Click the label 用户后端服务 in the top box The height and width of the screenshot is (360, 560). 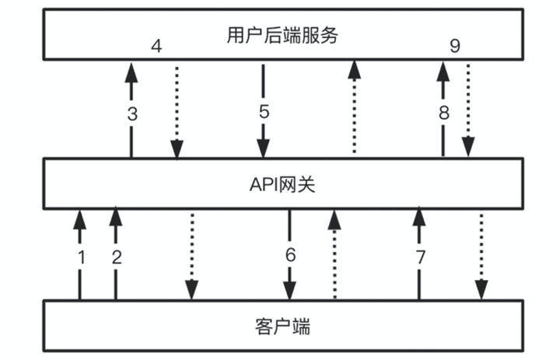(282, 35)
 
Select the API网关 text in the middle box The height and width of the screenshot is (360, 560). (282, 184)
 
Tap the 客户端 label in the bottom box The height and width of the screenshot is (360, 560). (282, 326)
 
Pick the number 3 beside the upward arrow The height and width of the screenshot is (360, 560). (132, 113)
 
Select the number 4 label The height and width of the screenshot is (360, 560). (156, 47)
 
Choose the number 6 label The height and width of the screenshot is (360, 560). (290, 254)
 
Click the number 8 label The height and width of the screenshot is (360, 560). (443, 113)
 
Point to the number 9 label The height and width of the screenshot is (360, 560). (455, 47)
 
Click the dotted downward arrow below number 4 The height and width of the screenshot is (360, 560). (177, 109)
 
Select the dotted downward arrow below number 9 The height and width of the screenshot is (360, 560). (468, 109)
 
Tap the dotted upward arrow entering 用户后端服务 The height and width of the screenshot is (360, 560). (355, 109)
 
